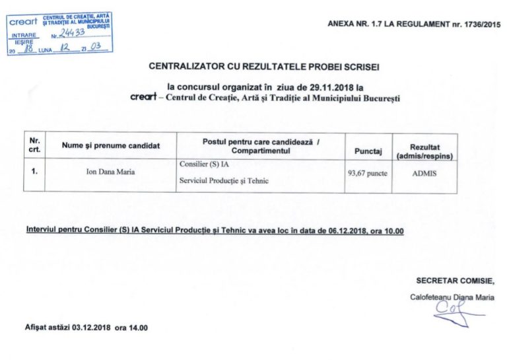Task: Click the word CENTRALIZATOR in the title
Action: (x=189, y=66)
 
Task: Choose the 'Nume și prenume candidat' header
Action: (x=111, y=145)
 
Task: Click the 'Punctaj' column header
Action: (x=368, y=151)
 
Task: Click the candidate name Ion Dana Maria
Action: (x=111, y=172)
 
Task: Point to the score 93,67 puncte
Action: (x=368, y=173)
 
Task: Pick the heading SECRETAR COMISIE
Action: (x=455, y=280)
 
